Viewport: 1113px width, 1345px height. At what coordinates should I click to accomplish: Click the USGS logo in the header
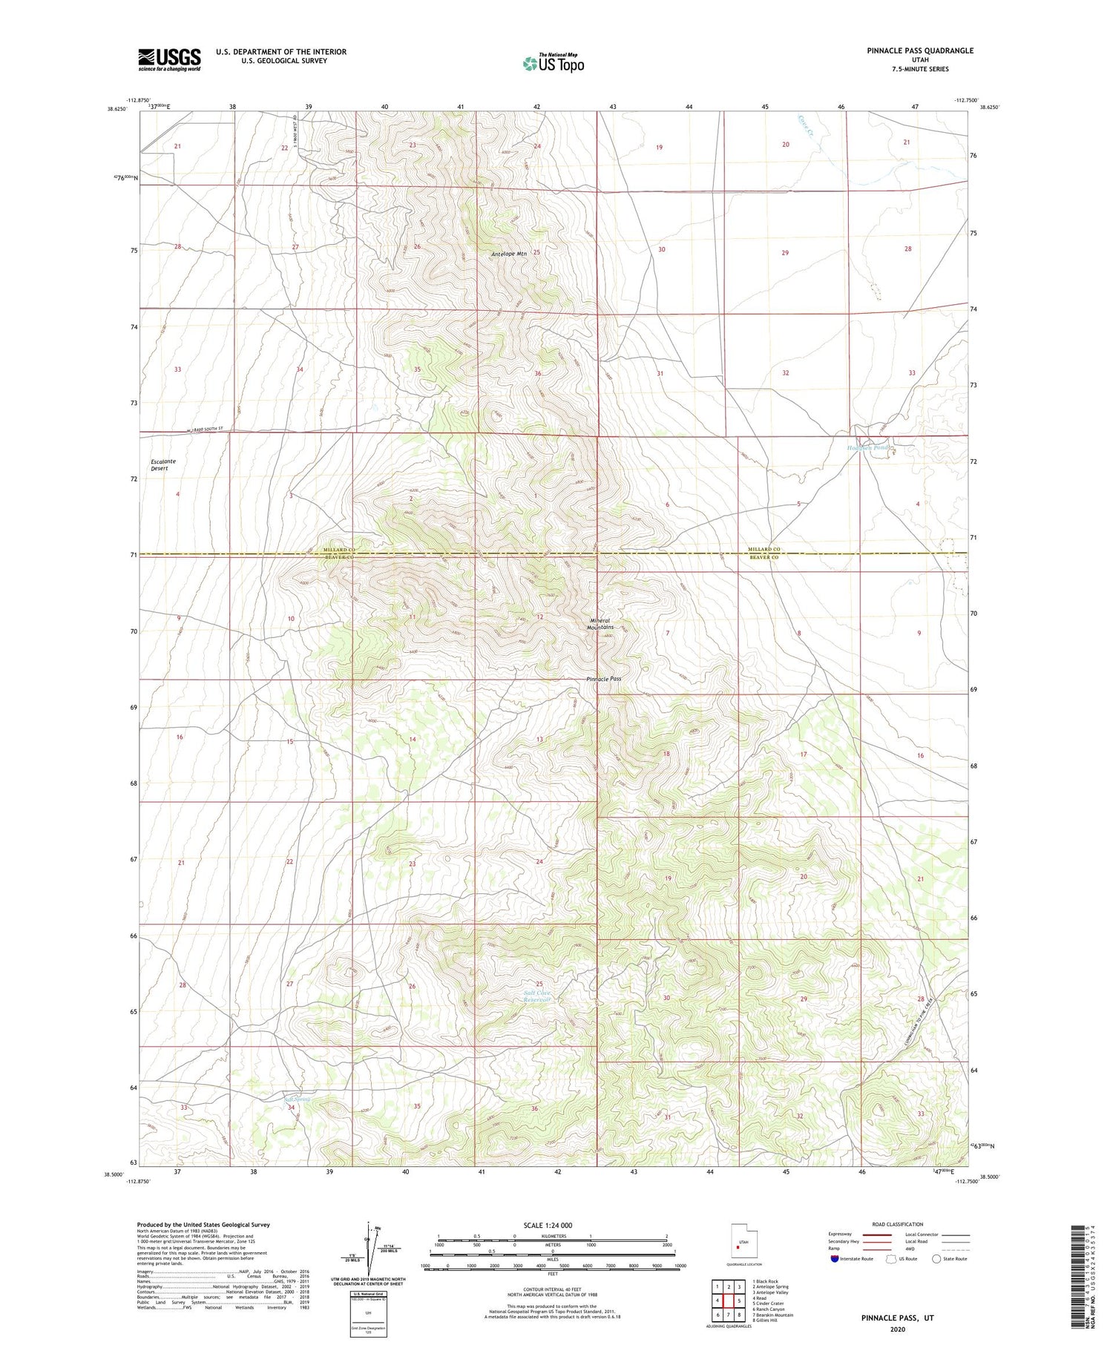169,59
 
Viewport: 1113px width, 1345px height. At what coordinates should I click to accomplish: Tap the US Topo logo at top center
553,63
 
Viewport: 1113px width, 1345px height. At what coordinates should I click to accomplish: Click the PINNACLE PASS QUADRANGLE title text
919,50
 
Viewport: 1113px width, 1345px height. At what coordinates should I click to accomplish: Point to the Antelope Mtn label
509,254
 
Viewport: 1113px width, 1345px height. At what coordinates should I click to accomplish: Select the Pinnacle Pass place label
603,679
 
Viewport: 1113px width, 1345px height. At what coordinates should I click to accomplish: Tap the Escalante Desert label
163,464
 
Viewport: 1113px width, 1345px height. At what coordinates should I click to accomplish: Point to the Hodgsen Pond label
867,448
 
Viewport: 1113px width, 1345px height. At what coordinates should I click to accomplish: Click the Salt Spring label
297,1099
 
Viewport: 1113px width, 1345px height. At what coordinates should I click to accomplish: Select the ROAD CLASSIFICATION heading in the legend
897,1224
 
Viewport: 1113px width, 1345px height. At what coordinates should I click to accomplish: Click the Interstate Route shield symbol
835,1258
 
